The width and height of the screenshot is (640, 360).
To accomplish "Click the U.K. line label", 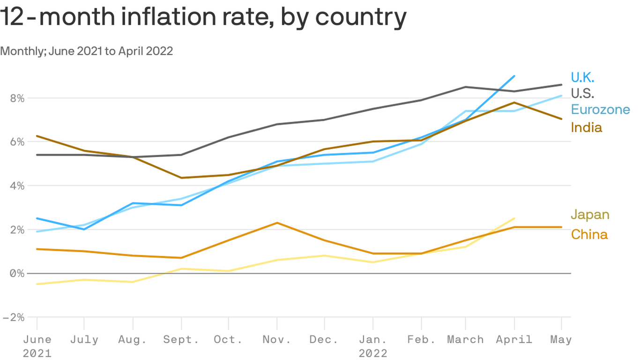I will [x=582, y=77].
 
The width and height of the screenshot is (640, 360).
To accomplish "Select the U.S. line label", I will [x=582, y=93].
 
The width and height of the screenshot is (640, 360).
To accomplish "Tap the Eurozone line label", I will [x=600, y=110].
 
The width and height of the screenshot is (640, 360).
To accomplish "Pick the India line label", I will [x=586, y=127].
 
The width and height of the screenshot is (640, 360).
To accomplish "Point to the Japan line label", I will [x=590, y=215].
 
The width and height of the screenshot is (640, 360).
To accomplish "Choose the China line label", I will [x=589, y=234].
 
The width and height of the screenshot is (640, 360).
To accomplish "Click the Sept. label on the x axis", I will [x=181, y=339].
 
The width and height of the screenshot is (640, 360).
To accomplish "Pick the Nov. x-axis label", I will [x=277, y=339].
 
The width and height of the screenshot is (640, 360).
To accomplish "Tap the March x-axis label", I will [x=466, y=339].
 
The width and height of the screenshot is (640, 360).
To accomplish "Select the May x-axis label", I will [x=561, y=339].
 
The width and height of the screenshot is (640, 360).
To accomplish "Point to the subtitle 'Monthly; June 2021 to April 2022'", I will [x=87, y=51].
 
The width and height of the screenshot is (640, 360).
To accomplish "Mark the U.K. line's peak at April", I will [x=515, y=76].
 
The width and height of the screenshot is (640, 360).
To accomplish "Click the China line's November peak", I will [x=277, y=223].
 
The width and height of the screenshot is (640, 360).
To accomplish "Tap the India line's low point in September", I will [x=181, y=178].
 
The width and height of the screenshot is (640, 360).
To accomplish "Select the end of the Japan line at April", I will [x=515, y=218].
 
